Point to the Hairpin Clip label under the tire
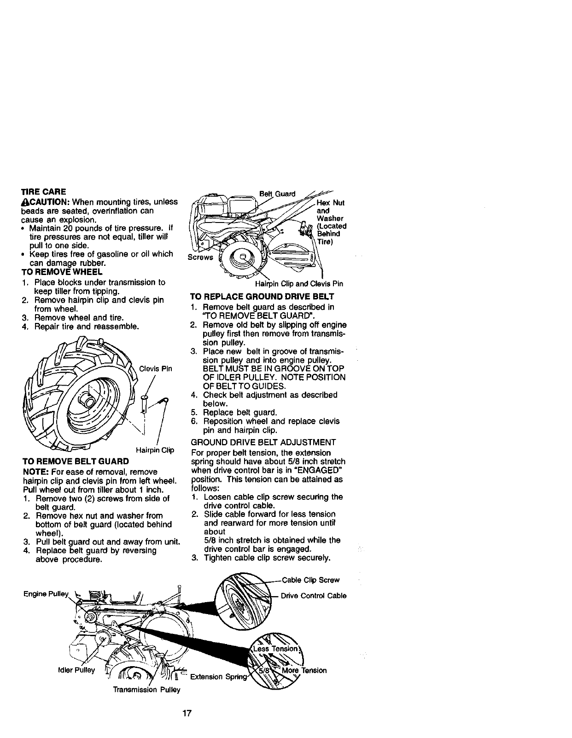(x=154, y=450)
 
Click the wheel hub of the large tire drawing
(x=87, y=397)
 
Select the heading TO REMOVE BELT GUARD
(x=76, y=461)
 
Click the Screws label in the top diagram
(x=199, y=257)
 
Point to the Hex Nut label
(x=331, y=203)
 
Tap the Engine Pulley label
(x=45, y=593)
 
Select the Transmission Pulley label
(x=146, y=690)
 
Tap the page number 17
(x=187, y=714)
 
